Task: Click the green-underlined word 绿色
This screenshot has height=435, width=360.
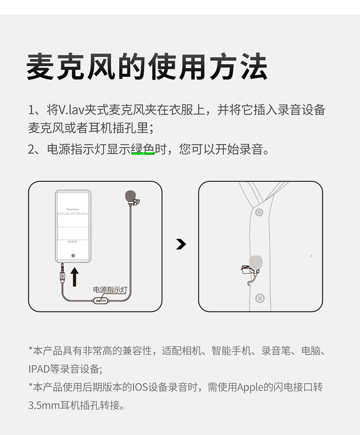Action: pos(143,149)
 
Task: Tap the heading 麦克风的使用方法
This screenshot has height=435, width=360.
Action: pos(147,67)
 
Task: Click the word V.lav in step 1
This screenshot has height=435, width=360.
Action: pos(71,110)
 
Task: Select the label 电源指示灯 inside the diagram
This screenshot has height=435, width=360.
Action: pos(110,290)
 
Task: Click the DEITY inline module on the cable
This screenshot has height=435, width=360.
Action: pos(100,300)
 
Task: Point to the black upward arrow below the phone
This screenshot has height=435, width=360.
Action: pos(74,277)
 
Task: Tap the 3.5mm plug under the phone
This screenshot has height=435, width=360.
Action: pos(62,273)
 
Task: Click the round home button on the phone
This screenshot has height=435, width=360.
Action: pos(73,255)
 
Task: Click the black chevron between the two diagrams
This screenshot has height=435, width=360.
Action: pos(181,244)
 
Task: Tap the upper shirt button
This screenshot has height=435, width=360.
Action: pos(259,212)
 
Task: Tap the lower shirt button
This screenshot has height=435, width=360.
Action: pos(260,298)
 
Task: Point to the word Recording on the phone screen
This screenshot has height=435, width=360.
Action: pos(72,209)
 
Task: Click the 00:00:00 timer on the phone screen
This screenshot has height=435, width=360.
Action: pos(72,242)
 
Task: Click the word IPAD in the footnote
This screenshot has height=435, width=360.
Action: pos(39,369)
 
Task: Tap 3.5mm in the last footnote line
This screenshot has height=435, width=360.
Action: pos(44,405)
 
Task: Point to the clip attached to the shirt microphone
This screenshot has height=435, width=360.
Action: pos(246,269)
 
